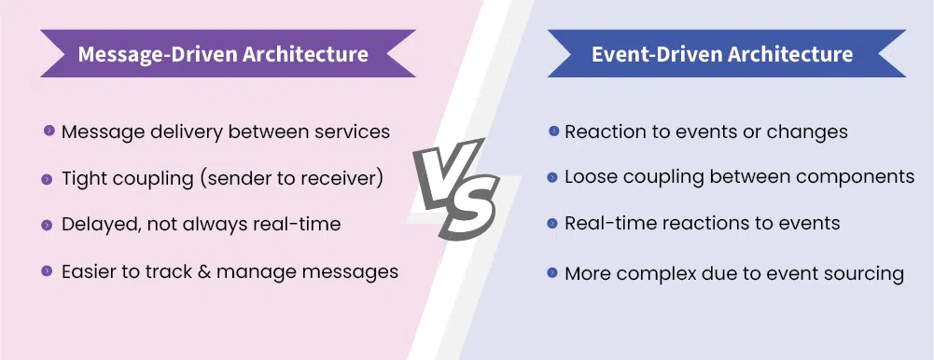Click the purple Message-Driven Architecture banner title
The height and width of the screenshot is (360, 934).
(223, 54)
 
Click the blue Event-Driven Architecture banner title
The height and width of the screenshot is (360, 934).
(722, 54)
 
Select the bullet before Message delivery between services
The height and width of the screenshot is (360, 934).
(49, 131)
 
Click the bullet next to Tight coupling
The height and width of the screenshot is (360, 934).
(47, 179)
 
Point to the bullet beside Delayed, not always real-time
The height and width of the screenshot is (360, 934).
(47, 225)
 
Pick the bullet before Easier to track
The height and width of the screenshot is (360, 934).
(47, 271)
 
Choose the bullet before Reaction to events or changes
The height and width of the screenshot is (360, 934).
(553, 131)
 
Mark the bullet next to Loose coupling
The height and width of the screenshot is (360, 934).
(552, 176)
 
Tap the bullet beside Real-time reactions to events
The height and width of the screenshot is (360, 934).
(552, 223)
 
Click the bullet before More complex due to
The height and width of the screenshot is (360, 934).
(552, 272)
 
